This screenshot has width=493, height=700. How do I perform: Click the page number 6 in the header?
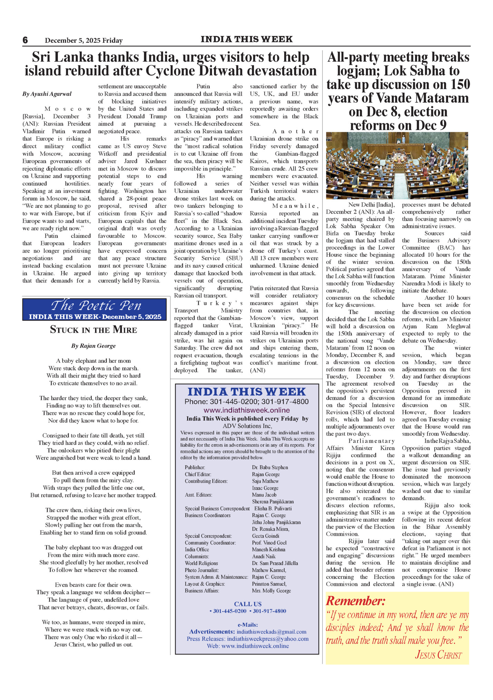tap(25, 40)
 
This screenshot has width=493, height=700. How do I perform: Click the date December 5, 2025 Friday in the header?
tap(84, 40)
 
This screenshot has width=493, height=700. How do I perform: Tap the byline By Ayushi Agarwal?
tap(47, 94)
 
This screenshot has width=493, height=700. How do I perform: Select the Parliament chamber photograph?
tap(397, 165)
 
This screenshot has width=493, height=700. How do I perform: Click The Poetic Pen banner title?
tap(96, 305)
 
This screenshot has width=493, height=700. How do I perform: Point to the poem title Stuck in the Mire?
tap(94, 330)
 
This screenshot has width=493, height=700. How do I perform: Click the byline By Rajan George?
tap(94, 346)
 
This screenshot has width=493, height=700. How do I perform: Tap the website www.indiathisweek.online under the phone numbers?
tap(246, 410)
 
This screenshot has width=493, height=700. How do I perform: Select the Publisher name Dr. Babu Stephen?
tap(270, 467)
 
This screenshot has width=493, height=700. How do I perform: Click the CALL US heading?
tap(248, 604)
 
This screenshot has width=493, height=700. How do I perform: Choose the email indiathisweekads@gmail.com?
tap(271, 632)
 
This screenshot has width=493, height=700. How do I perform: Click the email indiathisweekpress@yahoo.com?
tap(268, 639)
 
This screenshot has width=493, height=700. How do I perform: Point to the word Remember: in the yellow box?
tap(356, 601)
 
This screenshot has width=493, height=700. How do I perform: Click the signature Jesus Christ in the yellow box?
tap(438, 655)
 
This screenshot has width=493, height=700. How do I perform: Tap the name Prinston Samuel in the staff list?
tap(269, 584)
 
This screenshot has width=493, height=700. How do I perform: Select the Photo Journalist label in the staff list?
tap(202, 570)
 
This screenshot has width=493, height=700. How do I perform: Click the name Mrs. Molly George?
tap(271, 591)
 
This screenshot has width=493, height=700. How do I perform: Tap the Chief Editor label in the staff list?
tap(198, 474)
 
